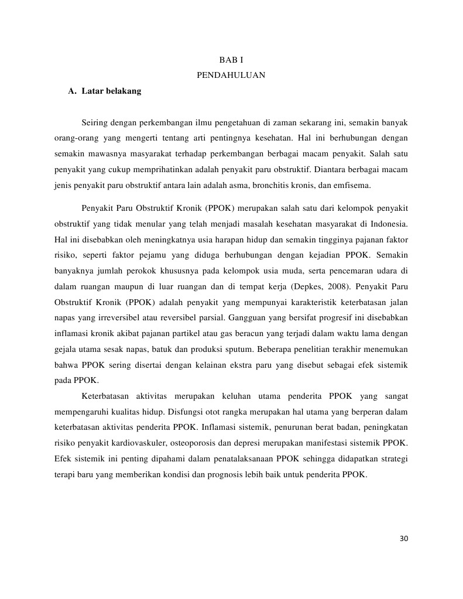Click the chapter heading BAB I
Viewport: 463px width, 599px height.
coord(231,60)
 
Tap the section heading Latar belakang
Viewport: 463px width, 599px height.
coord(111,91)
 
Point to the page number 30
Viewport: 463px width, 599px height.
coord(403,539)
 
